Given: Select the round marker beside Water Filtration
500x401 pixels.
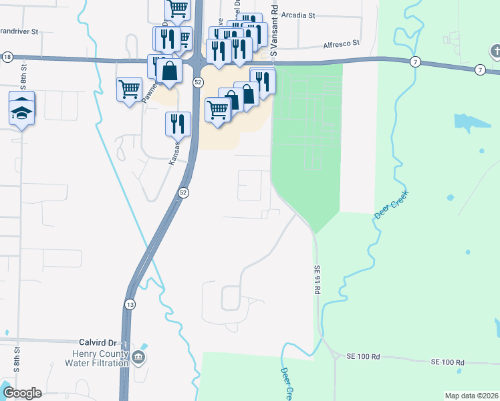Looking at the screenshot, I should tap(138, 358).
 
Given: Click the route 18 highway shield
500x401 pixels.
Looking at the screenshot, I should tap(7, 57).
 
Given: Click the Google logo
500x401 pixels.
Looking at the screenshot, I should tap(22, 393).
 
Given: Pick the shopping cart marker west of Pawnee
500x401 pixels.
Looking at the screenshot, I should tap(128, 88).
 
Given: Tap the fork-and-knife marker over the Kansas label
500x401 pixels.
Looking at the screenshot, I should tap(178, 123).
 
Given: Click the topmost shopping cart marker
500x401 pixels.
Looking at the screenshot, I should tap(178, 9).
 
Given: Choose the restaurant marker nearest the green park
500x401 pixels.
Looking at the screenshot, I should tap(263, 80).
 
